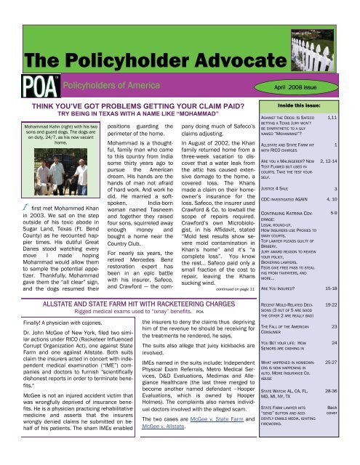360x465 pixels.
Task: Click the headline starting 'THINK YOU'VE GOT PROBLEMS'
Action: tap(124, 123)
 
